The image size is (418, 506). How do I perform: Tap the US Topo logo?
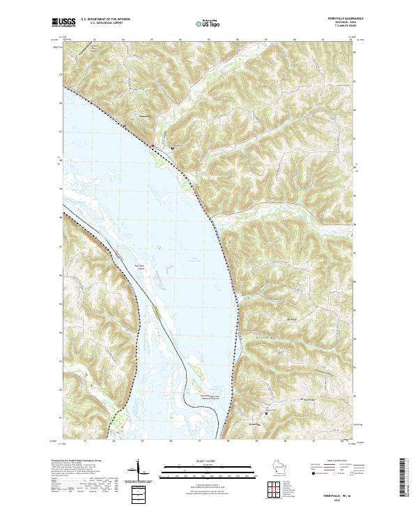208,23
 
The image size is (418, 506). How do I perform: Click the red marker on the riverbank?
153,145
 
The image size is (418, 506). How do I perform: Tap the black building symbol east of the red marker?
172,148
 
